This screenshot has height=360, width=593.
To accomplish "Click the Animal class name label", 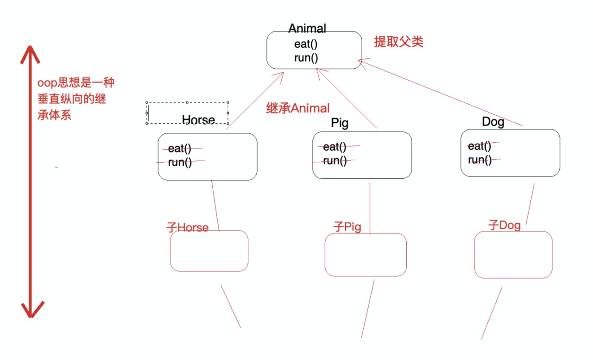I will click(307, 28).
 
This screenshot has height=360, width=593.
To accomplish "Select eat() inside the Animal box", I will click(306, 44).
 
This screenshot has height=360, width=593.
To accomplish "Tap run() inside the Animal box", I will click(306, 58).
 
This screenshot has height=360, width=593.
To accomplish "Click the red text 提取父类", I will click(399, 42).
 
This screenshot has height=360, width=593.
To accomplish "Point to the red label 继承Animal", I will click(298, 108).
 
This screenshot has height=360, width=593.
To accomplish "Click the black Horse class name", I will click(198, 120).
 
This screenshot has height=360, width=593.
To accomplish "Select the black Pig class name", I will click(340, 123).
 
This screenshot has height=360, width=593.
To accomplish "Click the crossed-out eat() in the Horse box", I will click(180, 149).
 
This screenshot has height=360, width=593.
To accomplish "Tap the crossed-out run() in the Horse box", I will click(180, 162).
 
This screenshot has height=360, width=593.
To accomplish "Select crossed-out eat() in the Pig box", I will click(334, 147).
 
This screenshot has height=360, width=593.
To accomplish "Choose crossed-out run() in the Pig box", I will click(334, 161).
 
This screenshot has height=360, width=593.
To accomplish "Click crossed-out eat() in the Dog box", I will click(480, 146).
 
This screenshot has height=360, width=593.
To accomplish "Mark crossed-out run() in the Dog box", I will click(480, 160).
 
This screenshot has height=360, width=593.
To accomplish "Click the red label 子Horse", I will click(188, 227).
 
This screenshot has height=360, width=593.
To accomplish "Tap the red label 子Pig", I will click(347, 227).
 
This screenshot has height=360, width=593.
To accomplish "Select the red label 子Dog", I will click(505, 226).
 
